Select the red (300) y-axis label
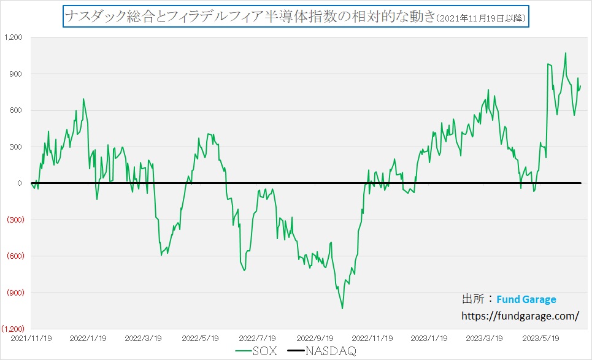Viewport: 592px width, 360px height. (15, 220)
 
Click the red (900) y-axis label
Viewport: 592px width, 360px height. (15, 293)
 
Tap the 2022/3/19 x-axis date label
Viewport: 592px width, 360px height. (143, 337)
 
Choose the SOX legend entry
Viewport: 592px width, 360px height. (256, 351)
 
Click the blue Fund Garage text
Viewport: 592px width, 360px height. (526, 299)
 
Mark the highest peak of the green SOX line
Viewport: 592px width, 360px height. (565, 53)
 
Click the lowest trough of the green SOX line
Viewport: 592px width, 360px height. (342, 308)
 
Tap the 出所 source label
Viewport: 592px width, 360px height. (476, 299)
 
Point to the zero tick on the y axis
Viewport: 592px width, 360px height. (20, 183)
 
